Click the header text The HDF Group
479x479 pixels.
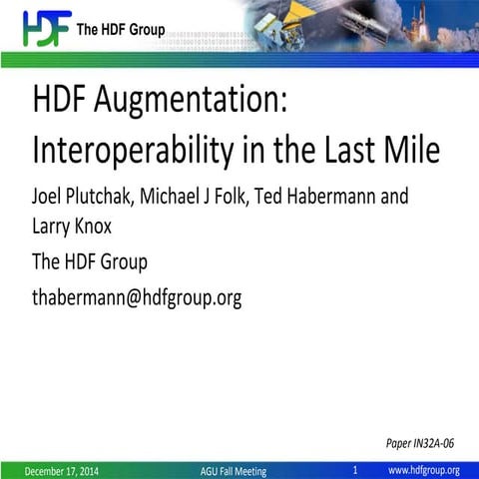click(121, 30)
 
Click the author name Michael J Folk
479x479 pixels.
click(194, 195)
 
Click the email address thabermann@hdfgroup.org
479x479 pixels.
click(137, 297)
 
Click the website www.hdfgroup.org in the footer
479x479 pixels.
click(423, 470)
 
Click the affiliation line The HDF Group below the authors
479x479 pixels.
click(90, 261)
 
